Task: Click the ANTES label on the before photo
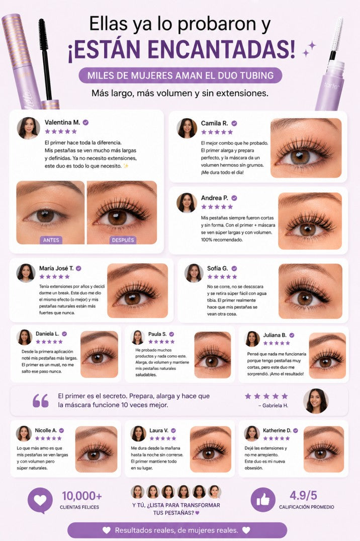coord(51,240)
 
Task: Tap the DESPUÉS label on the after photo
coord(123,240)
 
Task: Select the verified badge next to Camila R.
coord(234,123)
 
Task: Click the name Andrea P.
coord(215,198)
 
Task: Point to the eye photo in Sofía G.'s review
coord(310,291)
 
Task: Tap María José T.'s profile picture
coord(26,273)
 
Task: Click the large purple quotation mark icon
coord(41,401)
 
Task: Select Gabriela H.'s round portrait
coord(316,401)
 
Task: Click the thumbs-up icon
coord(263,500)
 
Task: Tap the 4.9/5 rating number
coord(303,496)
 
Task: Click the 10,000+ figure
coord(82,496)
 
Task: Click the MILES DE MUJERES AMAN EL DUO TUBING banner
coord(181,75)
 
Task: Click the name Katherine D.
coord(277,431)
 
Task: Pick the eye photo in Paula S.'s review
coord(212,355)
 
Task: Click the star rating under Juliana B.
coord(277,343)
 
